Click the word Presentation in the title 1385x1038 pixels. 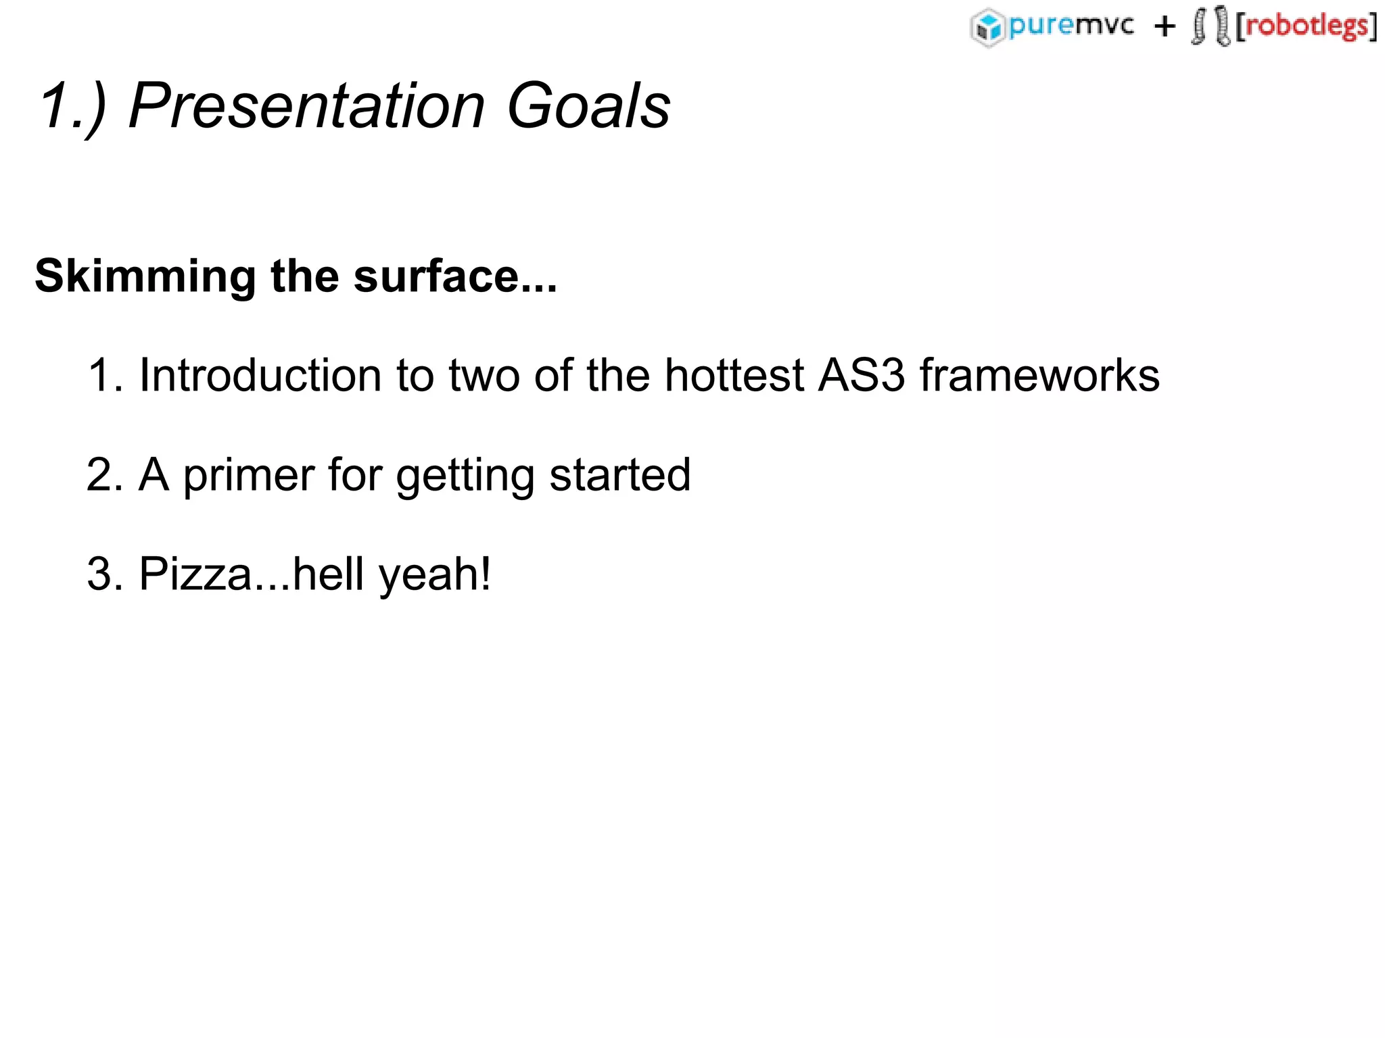click(x=307, y=106)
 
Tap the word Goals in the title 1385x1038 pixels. click(x=588, y=106)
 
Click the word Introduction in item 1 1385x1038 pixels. click(x=261, y=375)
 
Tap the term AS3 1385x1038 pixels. click(x=861, y=375)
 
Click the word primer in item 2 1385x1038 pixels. click(x=248, y=474)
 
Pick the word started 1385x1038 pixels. click(x=620, y=474)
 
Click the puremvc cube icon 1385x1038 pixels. click(x=987, y=28)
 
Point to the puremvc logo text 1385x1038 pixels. click(x=1071, y=26)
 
